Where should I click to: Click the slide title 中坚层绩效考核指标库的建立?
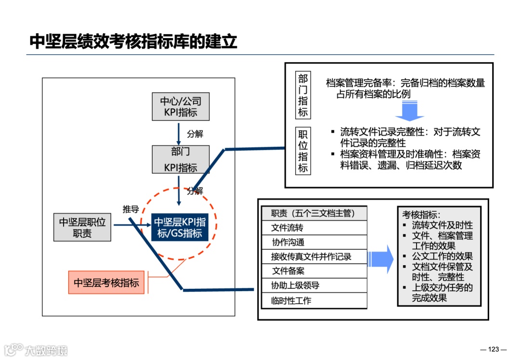pyautogui.click(x=133, y=41)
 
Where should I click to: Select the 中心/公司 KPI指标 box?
pyautogui.click(x=181, y=107)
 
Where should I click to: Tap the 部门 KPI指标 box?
pyautogui.click(x=181, y=159)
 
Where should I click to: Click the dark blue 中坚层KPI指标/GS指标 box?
pyautogui.click(x=180, y=228)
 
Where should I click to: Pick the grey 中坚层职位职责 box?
pyautogui.click(x=82, y=228)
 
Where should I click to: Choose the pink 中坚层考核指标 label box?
pyautogui.click(x=106, y=283)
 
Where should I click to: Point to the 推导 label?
pyautogui.click(x=130, y=209)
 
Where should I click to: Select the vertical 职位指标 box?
pyautogui.click(x=303, y=151)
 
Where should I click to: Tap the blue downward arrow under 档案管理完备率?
pyautogui.click(x=409, y=111)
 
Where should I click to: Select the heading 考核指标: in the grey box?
pyautogui.click(x=421, y=215)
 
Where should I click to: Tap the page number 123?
pyautogui.click(x=494, y=349)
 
